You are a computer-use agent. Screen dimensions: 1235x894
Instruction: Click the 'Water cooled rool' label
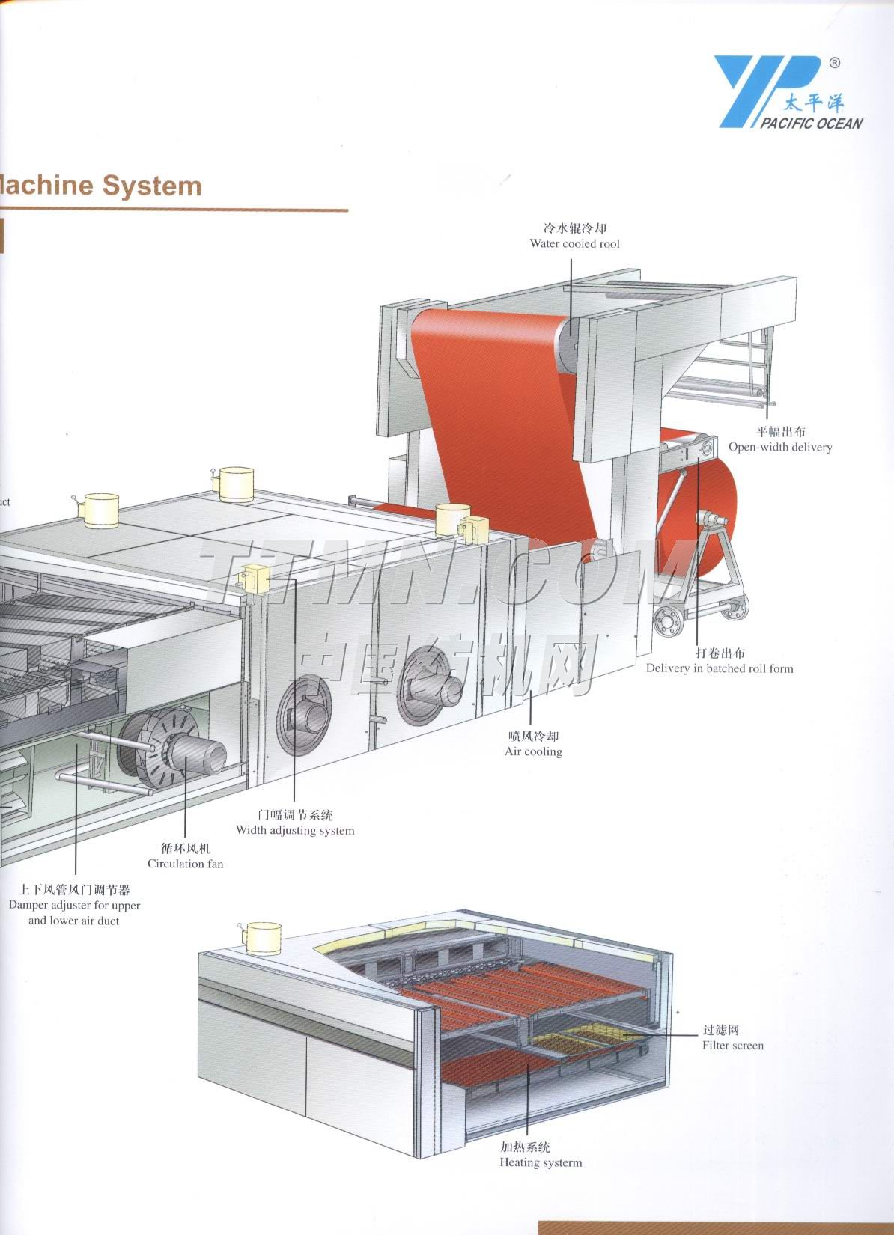tap(574, 244)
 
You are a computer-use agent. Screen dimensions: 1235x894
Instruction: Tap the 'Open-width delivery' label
tap(780, 448)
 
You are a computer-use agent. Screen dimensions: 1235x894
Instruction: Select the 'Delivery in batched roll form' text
tap(720, 668)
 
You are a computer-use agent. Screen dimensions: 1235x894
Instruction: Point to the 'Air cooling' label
tap(533, 751)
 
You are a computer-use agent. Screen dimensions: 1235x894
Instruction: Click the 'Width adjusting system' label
tap(295, 830)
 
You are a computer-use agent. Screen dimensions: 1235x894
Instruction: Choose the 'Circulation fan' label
tap(185, 864)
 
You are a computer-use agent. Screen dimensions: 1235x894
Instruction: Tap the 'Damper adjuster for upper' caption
tap(74, 906)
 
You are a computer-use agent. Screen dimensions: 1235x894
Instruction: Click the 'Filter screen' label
tap(733, 1046)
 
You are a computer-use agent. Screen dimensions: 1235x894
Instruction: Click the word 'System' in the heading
tap(152, 186)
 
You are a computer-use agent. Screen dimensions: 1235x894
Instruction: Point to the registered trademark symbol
tap(834, 64)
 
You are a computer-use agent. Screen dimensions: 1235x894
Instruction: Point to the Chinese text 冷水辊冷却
tap(574, 228)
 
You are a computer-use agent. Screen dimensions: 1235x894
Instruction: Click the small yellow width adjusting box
tap(255, 579)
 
